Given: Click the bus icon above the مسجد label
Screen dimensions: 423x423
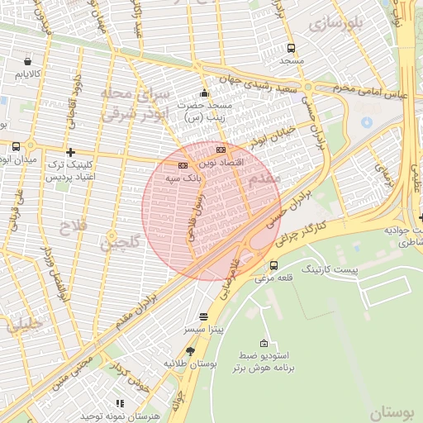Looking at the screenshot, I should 290,48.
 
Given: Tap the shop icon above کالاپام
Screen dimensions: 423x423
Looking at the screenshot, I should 29,61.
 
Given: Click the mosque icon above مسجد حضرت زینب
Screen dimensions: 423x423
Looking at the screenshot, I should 205,93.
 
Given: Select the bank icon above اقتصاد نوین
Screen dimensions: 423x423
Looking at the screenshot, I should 221,150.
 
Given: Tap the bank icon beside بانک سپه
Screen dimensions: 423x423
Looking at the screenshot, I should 183,165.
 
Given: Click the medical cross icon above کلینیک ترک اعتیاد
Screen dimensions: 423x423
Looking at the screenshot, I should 70,152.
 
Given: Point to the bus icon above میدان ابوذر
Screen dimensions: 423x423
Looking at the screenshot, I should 17,146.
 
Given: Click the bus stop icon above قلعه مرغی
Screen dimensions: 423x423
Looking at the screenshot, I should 273,264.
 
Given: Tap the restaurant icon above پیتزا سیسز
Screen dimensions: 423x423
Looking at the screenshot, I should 204,316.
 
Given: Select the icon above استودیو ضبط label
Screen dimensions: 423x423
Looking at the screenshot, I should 264,343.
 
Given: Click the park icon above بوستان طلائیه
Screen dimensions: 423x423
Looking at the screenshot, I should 190,351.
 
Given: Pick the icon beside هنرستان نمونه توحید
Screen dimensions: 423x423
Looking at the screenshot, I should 120,403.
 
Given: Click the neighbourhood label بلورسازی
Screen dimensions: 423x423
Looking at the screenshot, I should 335,24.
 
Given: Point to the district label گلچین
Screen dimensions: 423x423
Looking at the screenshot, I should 120,242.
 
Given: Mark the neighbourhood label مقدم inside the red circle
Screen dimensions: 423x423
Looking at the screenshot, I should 264,178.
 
